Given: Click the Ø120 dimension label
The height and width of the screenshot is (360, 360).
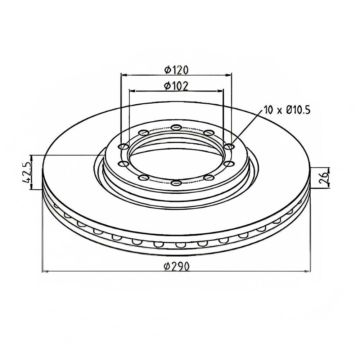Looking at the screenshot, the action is pos(176,70).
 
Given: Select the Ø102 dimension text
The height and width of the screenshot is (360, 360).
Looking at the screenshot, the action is pos(176,86).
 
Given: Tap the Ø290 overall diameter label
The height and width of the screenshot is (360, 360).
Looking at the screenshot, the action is pos(177,266).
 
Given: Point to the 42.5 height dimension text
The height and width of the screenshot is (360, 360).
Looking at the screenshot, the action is pos(27,172).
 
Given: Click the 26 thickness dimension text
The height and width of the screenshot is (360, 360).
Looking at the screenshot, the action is pos(324,178).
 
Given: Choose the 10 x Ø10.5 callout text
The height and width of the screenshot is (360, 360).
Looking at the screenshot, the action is pos(287,110).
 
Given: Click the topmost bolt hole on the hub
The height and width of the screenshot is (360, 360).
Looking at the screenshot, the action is pos(176,127).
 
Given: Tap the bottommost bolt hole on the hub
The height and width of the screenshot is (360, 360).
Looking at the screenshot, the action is pos(176,183).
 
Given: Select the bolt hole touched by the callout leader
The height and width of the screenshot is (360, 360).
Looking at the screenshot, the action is pos(229,146).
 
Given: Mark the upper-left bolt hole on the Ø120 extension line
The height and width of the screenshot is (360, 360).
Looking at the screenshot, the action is pos(123,147).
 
